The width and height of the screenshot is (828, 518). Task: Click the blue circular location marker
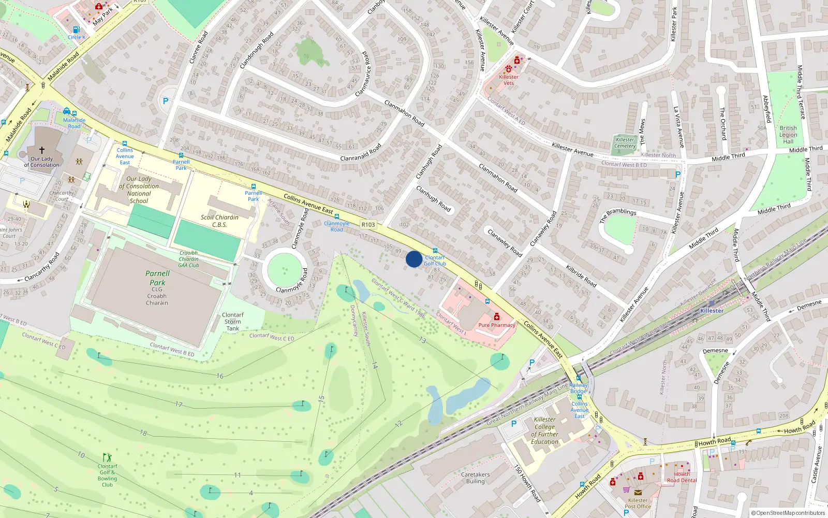pyautogui.click(x=413, y=259)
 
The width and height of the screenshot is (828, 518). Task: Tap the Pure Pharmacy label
pyautogui.click(x=497, y=325)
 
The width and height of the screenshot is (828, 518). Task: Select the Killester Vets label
pyautogui.click(x=509, y=80)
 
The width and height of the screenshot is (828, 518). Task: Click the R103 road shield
pyautogui.click(x=368, y=225)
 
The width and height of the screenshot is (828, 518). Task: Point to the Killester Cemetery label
pyautogui.click(x=625, y=143)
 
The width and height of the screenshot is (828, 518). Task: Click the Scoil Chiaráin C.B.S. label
pyautogui.click(x=219, y=221)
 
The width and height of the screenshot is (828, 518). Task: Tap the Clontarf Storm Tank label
pyautogui.click(x=233, y=322)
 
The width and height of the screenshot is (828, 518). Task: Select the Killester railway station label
pyautogui.click(x=712, y=311)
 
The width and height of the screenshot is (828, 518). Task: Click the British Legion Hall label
pyautogui.click(x=788, y=135)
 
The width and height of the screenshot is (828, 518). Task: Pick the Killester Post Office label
pyautogui.click(x=638, y=503)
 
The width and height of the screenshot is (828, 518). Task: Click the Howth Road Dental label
pyautogui.click(x=682, y=477)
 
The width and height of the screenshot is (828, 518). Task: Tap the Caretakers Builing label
pyautogui.click(x=475, y=478)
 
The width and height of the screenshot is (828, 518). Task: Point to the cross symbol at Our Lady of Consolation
pyautogui.click(x=42, y=150)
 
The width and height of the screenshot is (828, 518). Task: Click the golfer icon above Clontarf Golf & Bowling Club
pyautogui.click(x=107, y=457)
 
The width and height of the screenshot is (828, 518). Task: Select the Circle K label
pyautogui.click(x=77, y=37)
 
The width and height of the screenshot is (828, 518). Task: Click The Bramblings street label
pyautogui.click(x=618, y=215)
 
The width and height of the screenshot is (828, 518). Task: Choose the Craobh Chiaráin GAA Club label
pyautogui.click(x=188, y=259)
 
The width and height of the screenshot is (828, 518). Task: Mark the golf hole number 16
pyautogui.click(x=220, y=376)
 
